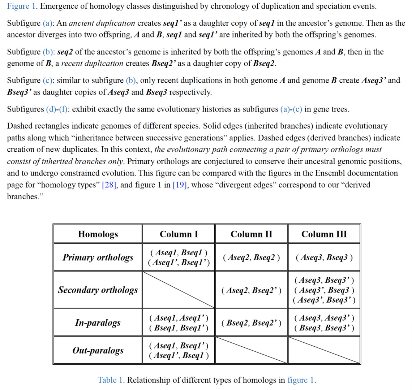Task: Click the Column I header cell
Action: click(x=179, y=234)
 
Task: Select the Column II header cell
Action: click(x=252, y=234)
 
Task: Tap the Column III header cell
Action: click(x=324, y=234)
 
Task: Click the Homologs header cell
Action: click(x=98, y=234)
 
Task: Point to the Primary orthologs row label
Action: click(x=98, y=257)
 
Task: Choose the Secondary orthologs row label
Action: click(x=98, y=290)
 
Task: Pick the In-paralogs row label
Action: click(x=98, y=322)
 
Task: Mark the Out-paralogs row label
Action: click(x=98, y=350)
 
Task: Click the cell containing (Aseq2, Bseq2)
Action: click(x=252, y=257)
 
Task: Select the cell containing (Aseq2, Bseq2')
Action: click(x=252, y=290)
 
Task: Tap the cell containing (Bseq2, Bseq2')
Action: click(x=252, y=322)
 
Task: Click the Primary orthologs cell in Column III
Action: click(x=324, y=257)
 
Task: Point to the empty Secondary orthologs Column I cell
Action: click(x=179, y=290)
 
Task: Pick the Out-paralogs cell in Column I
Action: click(x=179, y=350)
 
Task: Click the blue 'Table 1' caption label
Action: click(x=107, y=380)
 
